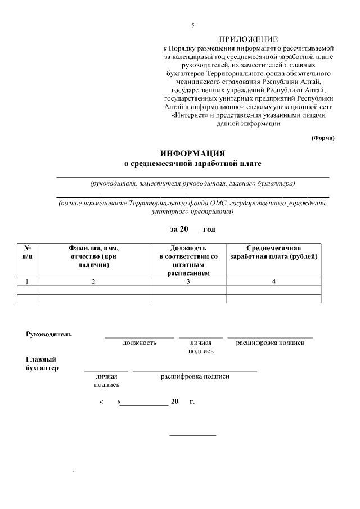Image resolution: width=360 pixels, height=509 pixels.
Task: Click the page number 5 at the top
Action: tap(192, 25)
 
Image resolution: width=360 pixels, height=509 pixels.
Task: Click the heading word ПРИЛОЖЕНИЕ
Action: tap(249, 39)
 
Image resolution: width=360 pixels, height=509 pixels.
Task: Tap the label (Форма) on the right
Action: tap(323, 138)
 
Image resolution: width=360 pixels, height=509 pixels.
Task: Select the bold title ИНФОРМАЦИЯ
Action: tap(192, 153)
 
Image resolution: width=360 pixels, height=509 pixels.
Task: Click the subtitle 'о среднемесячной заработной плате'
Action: tap(192, 163)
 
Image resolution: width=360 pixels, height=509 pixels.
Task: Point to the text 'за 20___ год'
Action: tap(192, 229)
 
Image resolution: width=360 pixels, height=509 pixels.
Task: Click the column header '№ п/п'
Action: tap(27, 252)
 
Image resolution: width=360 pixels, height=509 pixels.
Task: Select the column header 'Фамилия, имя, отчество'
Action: tap(93, 256)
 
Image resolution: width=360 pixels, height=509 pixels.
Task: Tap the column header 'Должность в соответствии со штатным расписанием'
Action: tap(188, 260)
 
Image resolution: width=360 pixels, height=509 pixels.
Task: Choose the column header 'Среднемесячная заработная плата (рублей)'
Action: tap(274, 252)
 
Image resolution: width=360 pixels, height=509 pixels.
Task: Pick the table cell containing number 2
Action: tap(93, 281)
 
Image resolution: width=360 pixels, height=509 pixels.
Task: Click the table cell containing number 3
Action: tap(188, 281)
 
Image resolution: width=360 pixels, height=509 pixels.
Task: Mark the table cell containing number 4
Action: tap(274, 281)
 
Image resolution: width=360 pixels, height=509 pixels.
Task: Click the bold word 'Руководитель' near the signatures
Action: tap(49, 334)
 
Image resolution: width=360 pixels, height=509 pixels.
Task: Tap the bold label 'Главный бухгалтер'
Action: tap(42, 363)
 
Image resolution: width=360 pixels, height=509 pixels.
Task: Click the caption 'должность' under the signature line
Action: tap(139, 343)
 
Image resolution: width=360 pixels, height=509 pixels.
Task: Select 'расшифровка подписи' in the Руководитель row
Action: tap(270, 343)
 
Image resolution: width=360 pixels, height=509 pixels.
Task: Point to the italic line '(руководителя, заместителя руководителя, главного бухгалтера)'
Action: tap(192, 183)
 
